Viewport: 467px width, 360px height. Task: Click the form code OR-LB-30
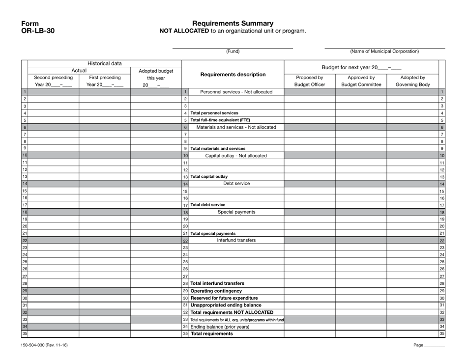[38, 30]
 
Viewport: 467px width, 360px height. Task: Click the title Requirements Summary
[233, 23]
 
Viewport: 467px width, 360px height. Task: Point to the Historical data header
[105, 63]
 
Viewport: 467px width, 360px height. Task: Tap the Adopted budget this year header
[156, 78]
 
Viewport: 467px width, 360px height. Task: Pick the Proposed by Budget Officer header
[310, 81]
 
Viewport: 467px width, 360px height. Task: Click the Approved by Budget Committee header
[361, 81]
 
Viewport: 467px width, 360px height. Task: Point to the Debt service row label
[236, 184]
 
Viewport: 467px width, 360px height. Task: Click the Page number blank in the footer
[434, 345]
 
